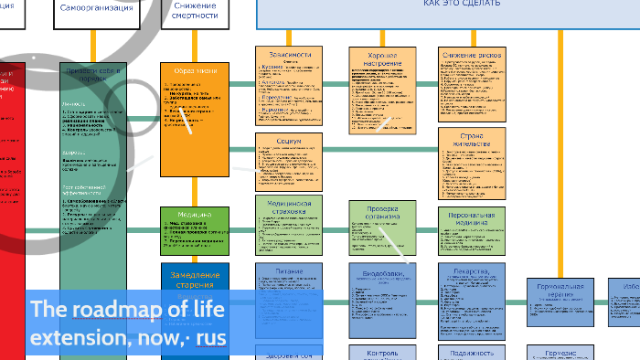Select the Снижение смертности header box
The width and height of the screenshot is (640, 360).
pos(195,10)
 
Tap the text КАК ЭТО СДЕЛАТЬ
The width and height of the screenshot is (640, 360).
pos(462,5)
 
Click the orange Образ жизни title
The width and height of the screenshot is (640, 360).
pos(194,71)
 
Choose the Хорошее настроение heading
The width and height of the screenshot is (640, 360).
pos(381,59)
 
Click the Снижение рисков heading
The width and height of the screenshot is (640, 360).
pos(472,55)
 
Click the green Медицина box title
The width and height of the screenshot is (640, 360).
pos(194,216)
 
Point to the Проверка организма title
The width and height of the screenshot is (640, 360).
pos(381,212)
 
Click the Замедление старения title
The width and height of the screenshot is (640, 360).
pos(194,277)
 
